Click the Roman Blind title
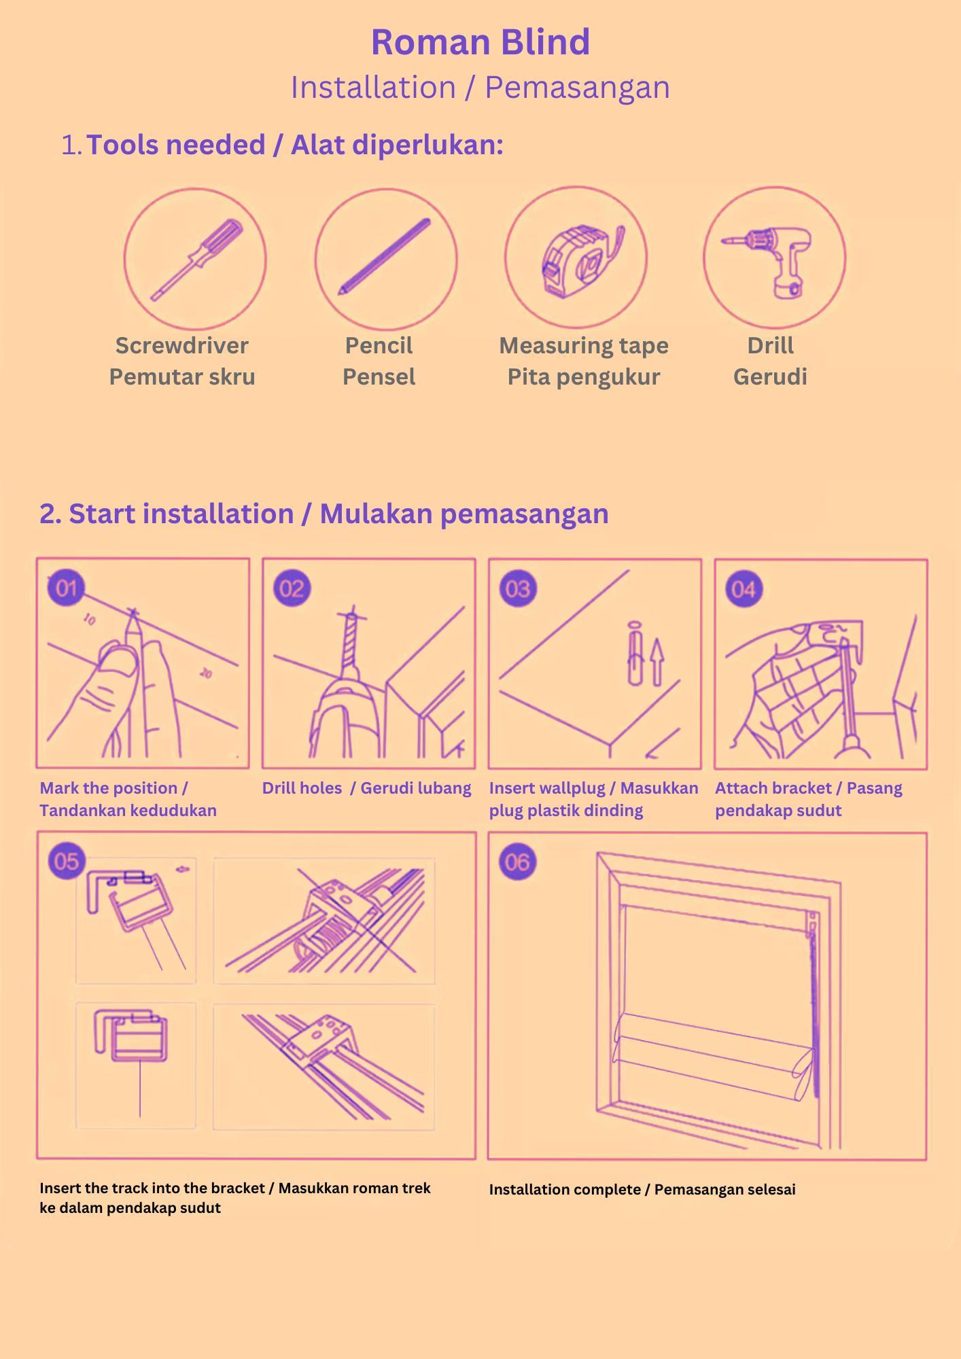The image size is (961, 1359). click(x=480, y=42)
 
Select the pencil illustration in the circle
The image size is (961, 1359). click(x=385, y=257)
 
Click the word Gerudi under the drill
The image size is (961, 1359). click(x=770, y=376)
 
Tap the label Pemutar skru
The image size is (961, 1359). click(x=182, y=376)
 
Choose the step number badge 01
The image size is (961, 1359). click(x=66, y=588)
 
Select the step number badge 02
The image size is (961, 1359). click(x=292, y=588)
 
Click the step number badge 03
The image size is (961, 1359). click(x=518, y=588)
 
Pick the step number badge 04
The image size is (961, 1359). click(x=744, y=588)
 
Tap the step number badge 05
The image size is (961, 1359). click(x=67, y=862)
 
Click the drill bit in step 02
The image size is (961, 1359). click(x=351, y=642)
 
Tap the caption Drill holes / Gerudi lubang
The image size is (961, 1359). click(x=366, y=788)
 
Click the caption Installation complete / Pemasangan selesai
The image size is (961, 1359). click(x=642, y=1190)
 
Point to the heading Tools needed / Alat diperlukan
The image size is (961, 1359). click(x=295, y=145)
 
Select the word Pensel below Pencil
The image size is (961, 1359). click(x=379, y=376)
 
